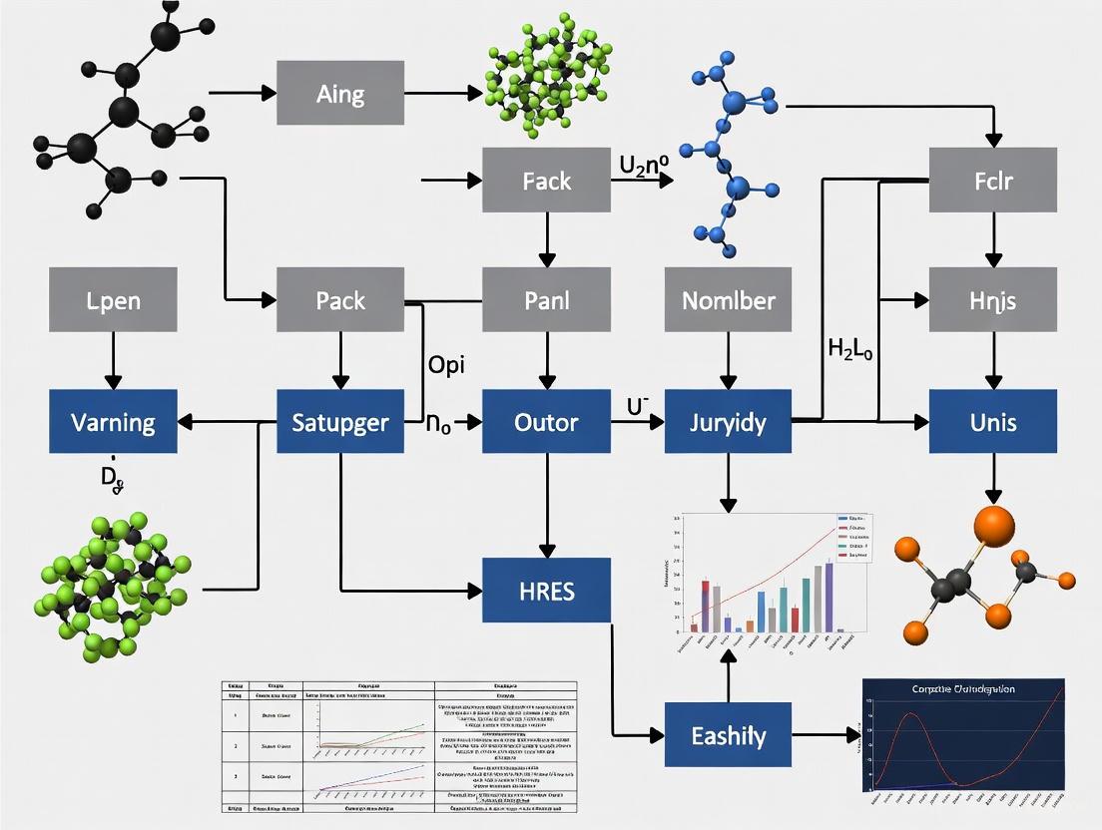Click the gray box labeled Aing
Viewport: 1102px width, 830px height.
(x=340, y=94)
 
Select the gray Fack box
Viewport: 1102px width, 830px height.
(x=546, y=181)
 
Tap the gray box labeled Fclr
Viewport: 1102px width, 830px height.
(x=992, y=181)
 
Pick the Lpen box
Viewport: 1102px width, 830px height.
(x=113, y=299)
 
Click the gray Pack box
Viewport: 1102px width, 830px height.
(x=340, y=299)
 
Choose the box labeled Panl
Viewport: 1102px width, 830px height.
(x=546, y=299)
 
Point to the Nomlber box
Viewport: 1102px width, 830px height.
(x=728, y=299)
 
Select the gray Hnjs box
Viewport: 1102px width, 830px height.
(x=992, y=299)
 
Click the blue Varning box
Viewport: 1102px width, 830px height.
(x=113, y=422)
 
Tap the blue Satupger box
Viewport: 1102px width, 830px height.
(x=340, y=422)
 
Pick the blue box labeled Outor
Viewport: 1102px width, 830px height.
(x=546, y=422)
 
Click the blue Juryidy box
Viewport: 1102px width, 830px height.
(x=728, y=422)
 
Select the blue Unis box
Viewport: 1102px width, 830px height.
(x=992, y=422)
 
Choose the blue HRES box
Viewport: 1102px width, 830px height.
(x=546, y=591)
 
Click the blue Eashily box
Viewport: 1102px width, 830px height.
(x=728, y=736)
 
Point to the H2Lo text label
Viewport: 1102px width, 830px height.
(x=850, y=349)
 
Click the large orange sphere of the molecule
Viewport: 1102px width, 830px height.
(x=992, y=526)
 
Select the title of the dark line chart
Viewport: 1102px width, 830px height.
(x=963, y=689)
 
